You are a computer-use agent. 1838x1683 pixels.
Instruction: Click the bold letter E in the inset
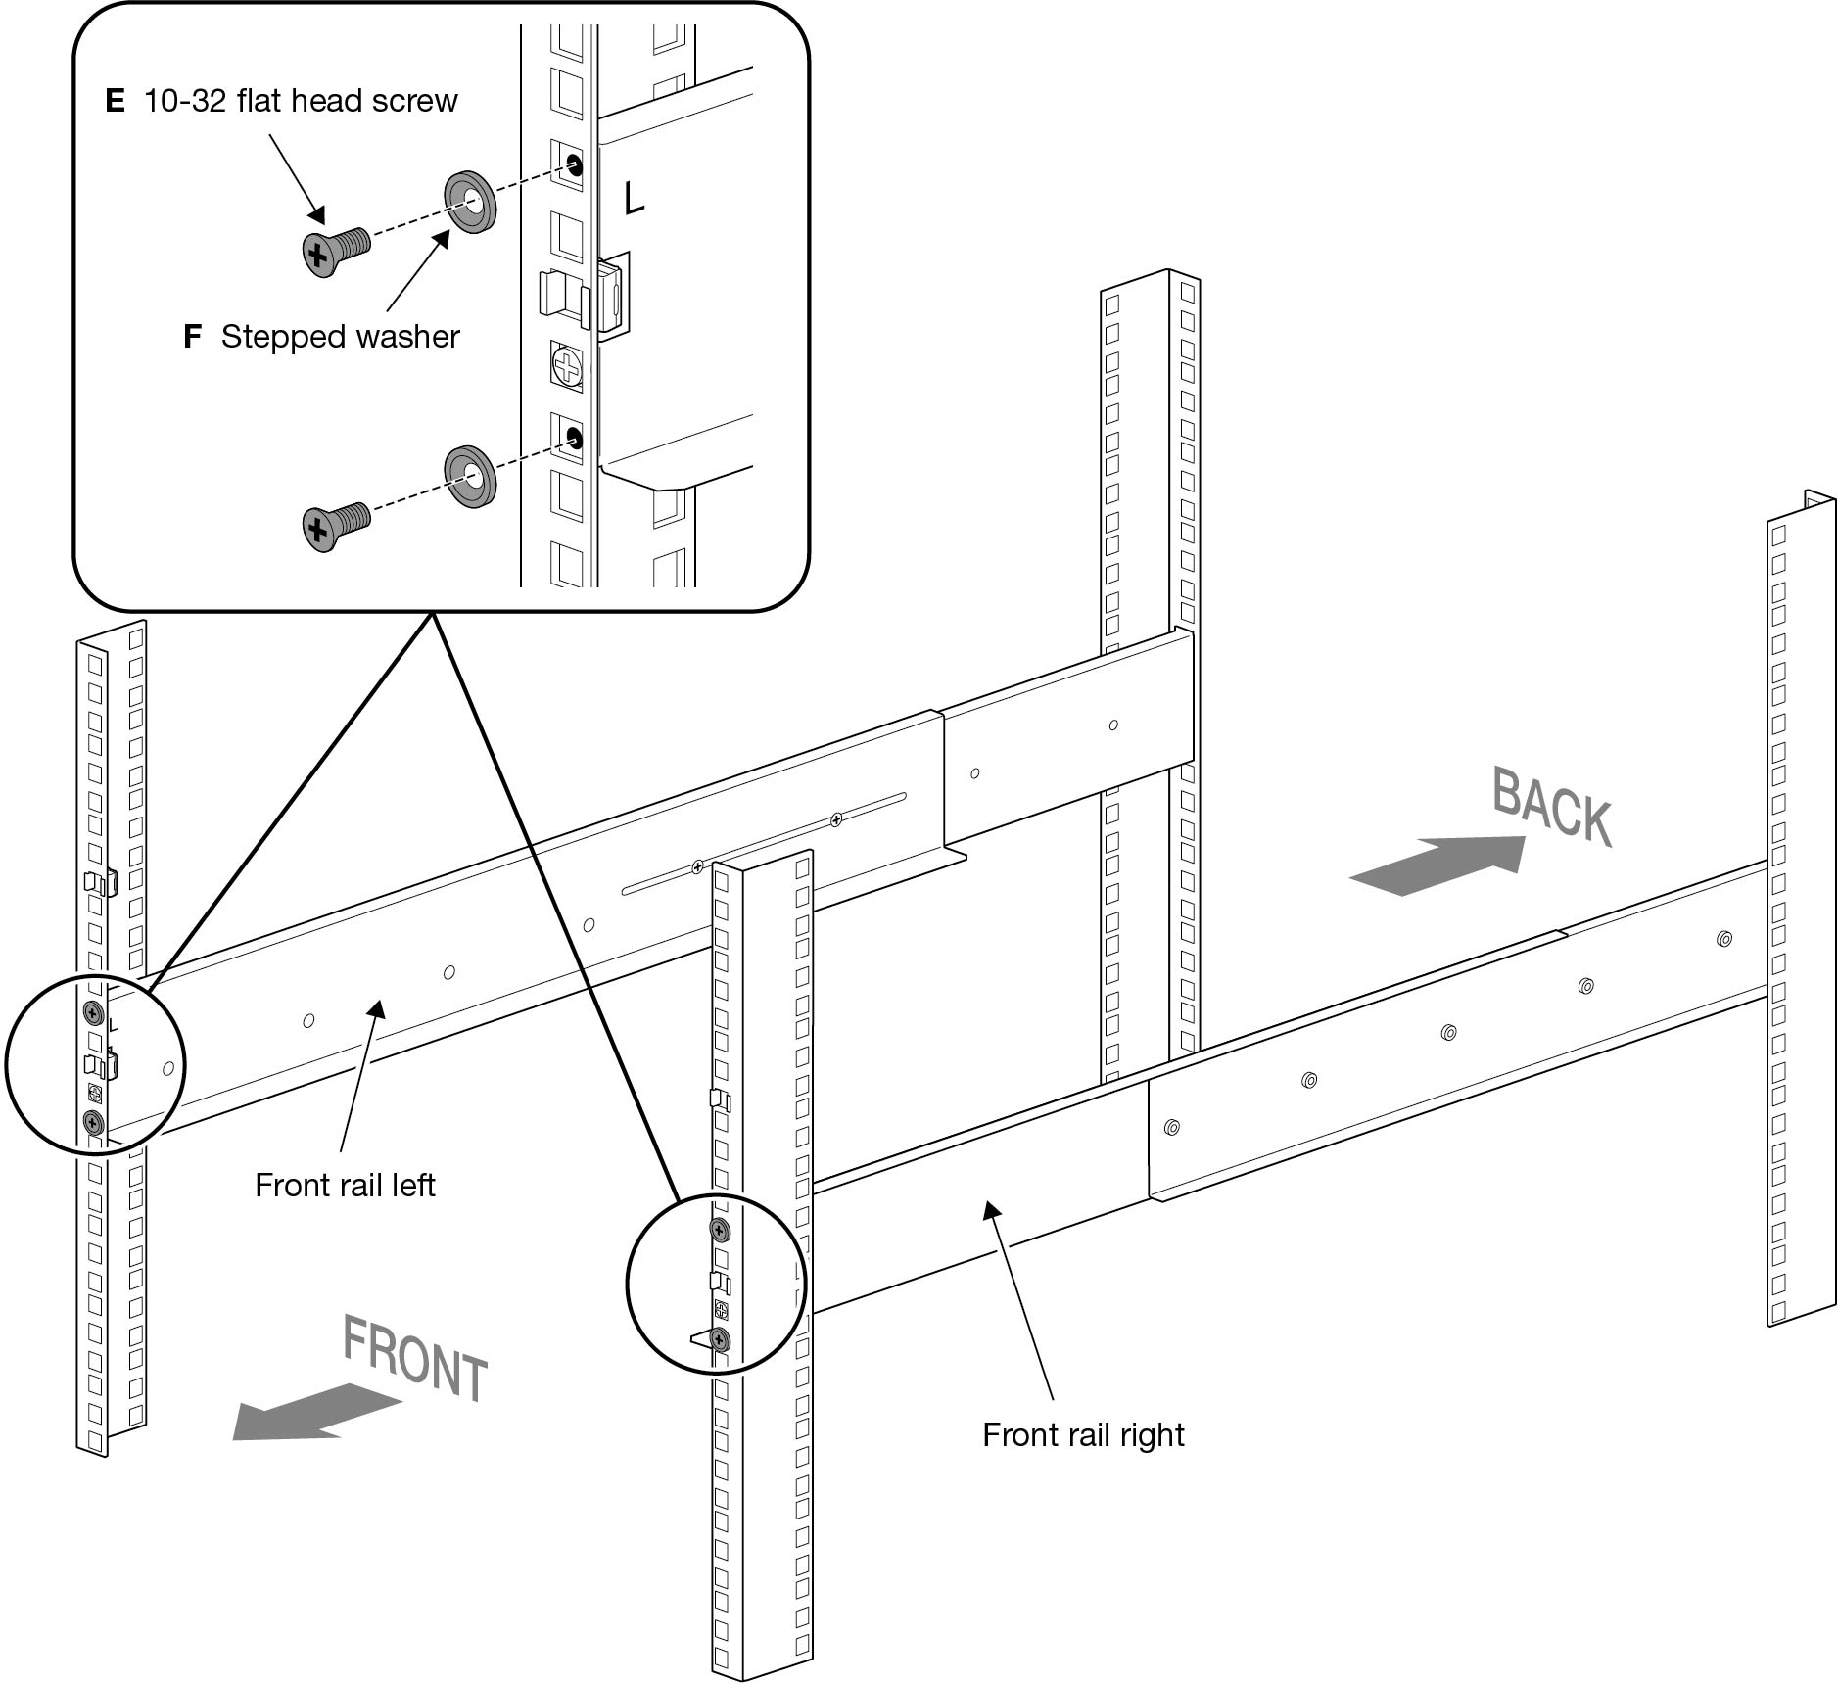tap(115, 101)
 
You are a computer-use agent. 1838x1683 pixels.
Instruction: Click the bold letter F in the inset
tap(192, 337)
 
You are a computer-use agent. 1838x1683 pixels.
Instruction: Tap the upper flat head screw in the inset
tap(333, 250)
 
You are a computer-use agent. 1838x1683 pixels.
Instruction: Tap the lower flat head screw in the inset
tap(333, 526)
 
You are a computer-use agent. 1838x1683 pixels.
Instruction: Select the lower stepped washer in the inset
tap(471, 477)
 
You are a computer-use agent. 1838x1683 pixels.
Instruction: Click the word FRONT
tap(415, 1359)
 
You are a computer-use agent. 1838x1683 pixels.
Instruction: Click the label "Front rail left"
tap(345, 1186)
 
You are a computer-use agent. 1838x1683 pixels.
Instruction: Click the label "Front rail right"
tap(1083, 1435)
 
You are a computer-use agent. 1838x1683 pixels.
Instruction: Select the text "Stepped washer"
tap(340, 337)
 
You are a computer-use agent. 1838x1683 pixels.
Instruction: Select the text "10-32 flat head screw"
tap(301, 101)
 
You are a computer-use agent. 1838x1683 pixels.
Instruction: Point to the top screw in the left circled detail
tap(94, 1011)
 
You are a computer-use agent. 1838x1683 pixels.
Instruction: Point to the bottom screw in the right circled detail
tap(720, 1338)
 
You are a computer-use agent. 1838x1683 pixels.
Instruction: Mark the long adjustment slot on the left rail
tap(764, 843)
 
